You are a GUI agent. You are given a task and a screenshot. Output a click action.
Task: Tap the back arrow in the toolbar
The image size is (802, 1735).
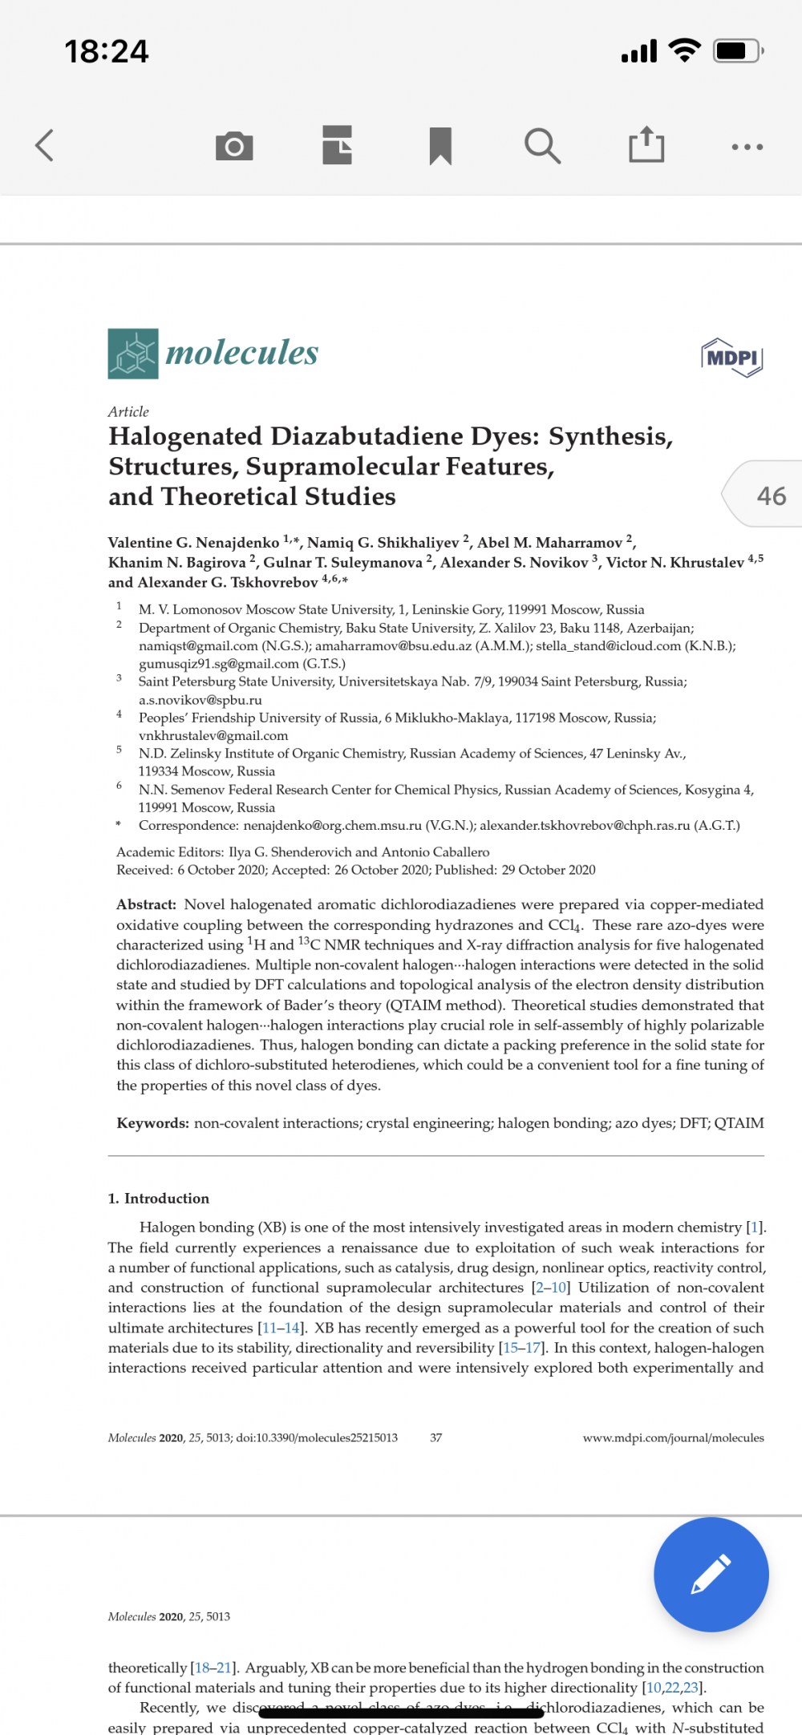tap(45, 145)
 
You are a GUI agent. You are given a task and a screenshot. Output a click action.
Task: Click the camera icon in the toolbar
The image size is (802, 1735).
tap(234, 146)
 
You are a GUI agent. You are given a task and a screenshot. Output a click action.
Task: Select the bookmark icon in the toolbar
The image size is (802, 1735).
tap(440, 146)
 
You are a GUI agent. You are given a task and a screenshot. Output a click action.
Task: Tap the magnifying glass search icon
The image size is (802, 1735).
tap(542, 146)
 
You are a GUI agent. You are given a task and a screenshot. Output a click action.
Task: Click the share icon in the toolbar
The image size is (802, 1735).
tap(646, 144)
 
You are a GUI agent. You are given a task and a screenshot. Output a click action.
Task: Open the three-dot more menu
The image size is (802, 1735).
tap(747, 147)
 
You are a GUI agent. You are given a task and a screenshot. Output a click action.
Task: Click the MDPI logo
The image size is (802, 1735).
tap(731, 358)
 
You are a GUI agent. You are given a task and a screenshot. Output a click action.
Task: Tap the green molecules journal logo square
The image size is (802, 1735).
tap(133, 354)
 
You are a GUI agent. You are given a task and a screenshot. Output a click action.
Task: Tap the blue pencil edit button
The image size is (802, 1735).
tap(711, 1574)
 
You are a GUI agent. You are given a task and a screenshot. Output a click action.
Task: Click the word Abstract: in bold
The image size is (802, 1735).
tap(147, 904)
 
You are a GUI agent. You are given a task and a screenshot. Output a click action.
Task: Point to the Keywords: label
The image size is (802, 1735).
tap(152, 1123)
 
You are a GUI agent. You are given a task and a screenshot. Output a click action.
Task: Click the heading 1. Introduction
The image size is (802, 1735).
tap(159, 1199)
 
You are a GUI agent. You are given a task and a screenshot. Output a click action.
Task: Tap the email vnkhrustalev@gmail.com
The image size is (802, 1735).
tap(213, 736)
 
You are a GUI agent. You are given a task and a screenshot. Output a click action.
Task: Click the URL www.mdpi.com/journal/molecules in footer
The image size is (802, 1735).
tap(673, 1438)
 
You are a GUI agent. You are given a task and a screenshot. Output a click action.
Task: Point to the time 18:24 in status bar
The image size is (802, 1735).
tap(107, 51)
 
